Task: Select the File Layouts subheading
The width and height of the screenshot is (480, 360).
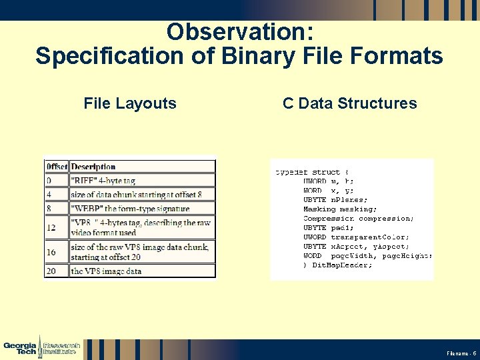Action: tap(130, 103)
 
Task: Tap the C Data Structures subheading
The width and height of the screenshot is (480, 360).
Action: tap(349, 103)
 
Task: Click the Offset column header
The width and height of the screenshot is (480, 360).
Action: tap(57, 167)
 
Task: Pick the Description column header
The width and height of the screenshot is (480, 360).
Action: tap(93, 167)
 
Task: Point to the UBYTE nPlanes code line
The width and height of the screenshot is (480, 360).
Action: tap(335, 199)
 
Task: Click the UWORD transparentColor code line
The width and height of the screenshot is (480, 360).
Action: tap(356, 237)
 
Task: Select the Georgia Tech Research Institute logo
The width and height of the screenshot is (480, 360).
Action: tap(42, 348)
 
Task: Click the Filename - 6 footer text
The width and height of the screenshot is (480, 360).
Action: tap(461, 352)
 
